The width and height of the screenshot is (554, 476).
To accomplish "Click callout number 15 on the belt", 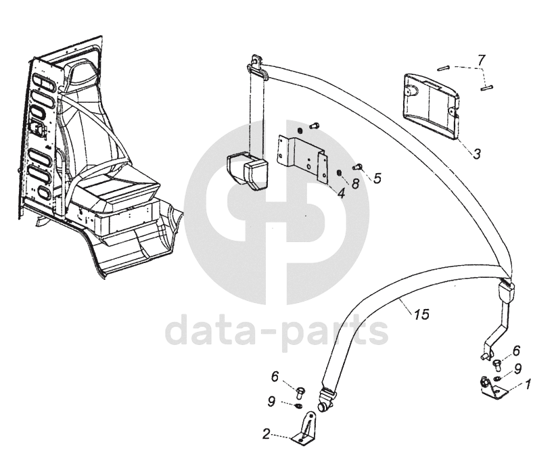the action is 422,314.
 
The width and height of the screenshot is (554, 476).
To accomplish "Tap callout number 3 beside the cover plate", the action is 477,153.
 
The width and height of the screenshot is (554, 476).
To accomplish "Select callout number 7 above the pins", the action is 481,60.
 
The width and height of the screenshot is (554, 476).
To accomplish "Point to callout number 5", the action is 377,178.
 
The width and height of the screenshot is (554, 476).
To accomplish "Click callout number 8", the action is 355,183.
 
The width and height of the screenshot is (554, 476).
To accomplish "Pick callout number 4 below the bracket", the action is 341,193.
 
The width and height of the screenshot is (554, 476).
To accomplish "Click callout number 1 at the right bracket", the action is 528,384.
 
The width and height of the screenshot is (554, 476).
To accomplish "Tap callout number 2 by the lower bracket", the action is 266,434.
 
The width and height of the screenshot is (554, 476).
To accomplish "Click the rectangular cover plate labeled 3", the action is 431,106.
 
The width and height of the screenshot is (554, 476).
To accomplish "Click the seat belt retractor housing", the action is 247,170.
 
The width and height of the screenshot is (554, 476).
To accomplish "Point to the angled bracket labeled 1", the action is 493,389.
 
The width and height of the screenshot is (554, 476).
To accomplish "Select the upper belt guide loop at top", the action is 258,66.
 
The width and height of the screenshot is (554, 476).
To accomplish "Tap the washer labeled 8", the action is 338,173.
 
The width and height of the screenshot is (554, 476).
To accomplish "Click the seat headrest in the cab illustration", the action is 83,72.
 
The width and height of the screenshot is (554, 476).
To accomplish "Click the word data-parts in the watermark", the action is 277,332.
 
